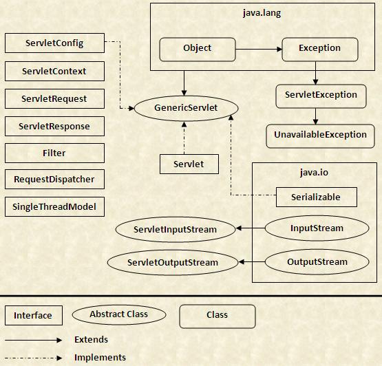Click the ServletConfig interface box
(54, 43)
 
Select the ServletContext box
(54, 72)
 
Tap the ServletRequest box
(54, 98)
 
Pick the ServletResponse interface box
(54, 127)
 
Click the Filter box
(54, 153)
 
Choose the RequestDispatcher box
(54, 180)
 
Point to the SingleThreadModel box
(54, 206)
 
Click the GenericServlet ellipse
(186, 108)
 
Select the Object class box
(198, 48)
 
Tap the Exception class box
(320, 48)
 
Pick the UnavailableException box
(320, 135)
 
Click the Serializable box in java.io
(317, 197)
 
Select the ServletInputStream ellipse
(176, 229)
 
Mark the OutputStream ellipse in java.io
(317, 261)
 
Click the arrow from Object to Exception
(258, 48)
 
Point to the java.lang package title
(262, 13)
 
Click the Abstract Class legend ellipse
(128, 314)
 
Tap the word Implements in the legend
(100, 357)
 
